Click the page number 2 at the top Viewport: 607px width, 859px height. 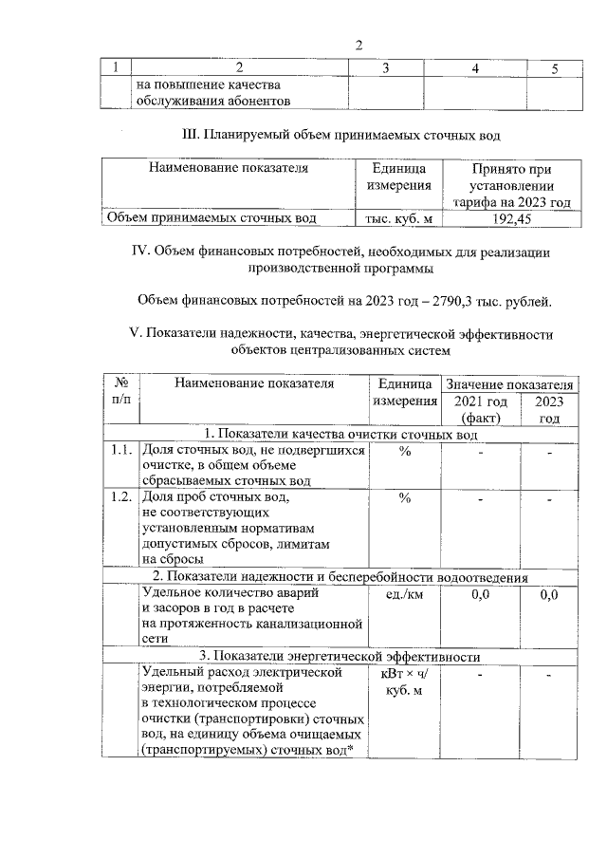pos(359,45)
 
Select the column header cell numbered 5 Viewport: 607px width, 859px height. pos(556,67)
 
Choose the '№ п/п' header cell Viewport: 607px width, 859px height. pos(120,393)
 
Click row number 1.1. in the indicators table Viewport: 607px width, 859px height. pos(120,451)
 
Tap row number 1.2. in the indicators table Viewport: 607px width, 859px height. pos(120,496)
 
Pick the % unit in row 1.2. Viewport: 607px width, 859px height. pos(404,496)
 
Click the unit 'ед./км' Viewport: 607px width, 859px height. pos(404,595)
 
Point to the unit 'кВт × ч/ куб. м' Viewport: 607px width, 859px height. pos(404,682)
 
